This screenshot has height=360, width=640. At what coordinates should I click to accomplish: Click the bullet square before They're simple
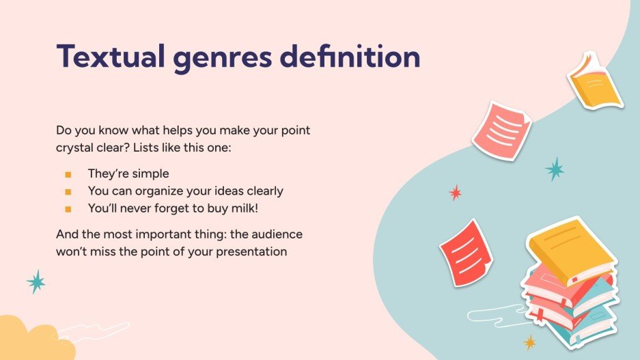(x=68, y=174)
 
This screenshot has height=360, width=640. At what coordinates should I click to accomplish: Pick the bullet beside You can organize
(x=68, y=191)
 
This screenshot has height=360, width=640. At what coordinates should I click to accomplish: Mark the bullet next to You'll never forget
(x=68, y=208)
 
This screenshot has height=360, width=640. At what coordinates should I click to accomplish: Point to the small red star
(x=455, y=193)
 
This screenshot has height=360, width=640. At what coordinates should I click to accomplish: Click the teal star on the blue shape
(x=555, y=169)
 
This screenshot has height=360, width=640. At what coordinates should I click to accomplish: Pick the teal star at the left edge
(x=36, y=281)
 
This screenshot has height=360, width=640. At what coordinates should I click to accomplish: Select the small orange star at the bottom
(x=529, y=342)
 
